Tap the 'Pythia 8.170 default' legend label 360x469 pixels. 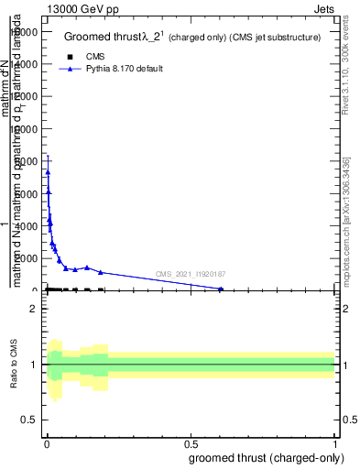[125, 69]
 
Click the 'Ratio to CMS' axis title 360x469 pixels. [14, 365]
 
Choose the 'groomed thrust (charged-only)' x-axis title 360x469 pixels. [267, 457]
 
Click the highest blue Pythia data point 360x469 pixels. [48, 172]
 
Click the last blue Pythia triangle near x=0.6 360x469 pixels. [221, 289]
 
